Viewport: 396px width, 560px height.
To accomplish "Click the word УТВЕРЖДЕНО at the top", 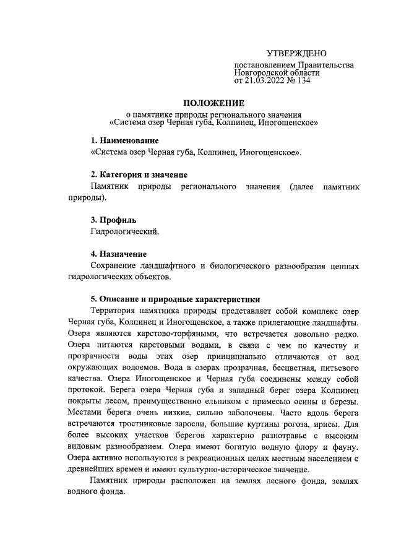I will (296, 55).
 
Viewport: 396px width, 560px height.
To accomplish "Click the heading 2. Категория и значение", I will (139, 175).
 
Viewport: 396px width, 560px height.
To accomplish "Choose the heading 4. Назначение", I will (119, 254).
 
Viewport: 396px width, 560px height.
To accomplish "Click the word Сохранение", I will (114, 266).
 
